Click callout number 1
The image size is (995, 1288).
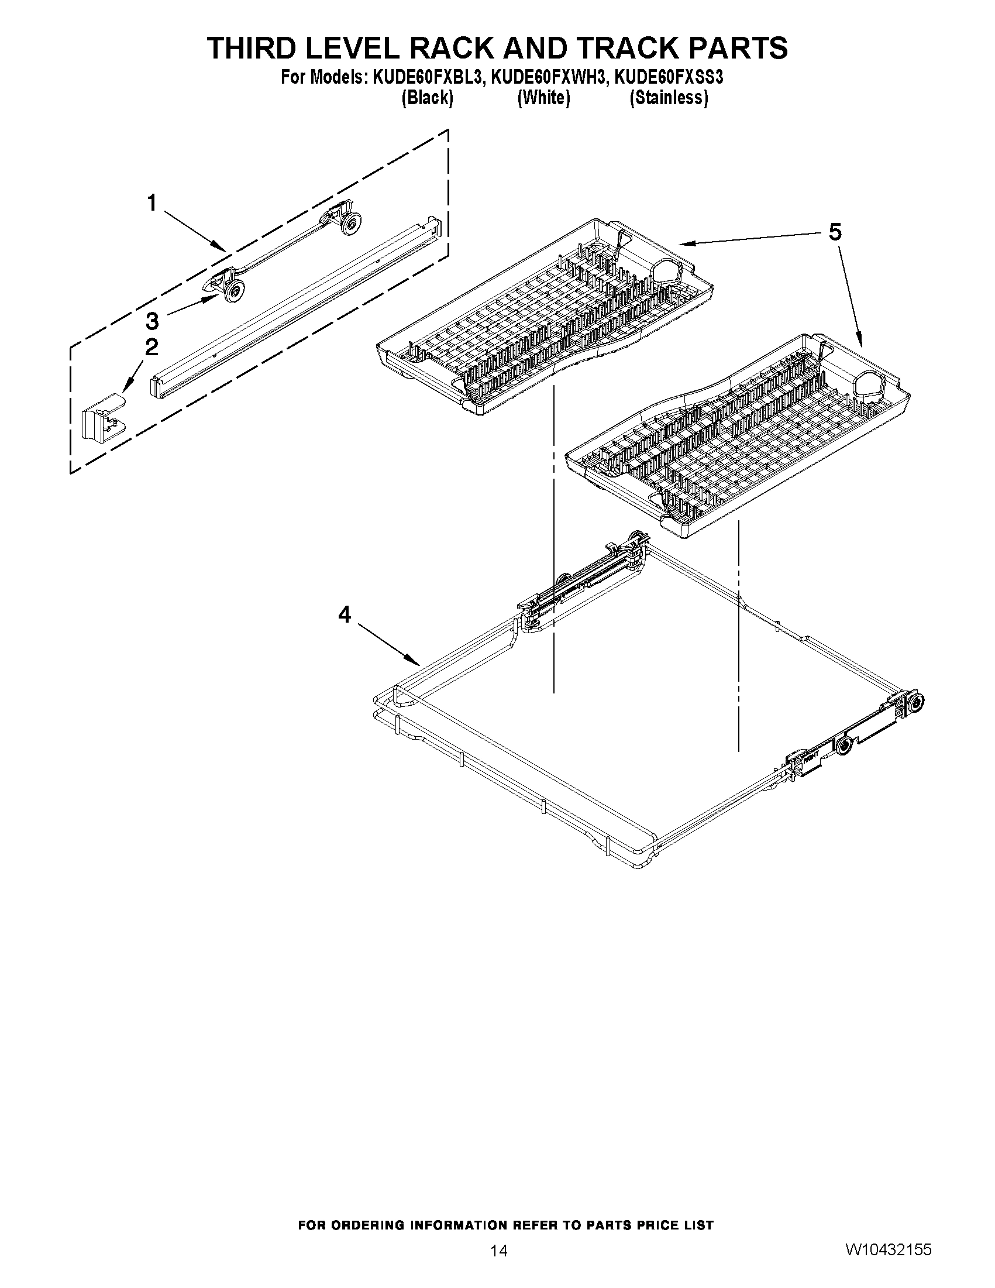click(152, 204)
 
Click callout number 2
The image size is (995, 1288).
click(152, 347)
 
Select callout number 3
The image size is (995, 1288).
click(152, 321)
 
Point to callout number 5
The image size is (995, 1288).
click(835, 232)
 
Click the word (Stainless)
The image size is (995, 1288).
click(669, 97)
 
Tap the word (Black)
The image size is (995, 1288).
click(427, 97)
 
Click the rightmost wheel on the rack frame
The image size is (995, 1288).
click(916, 702)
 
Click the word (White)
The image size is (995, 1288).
click(543, 97)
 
